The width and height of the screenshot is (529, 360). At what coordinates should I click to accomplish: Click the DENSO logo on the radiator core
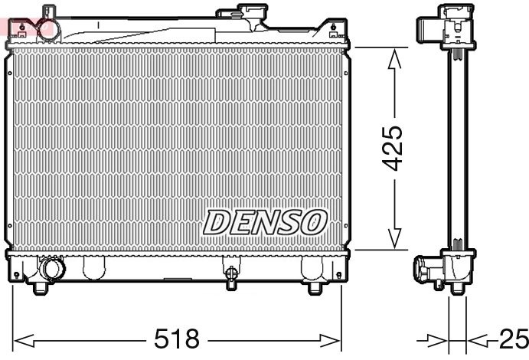[265, 222]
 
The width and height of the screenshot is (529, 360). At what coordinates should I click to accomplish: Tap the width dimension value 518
[177, 338]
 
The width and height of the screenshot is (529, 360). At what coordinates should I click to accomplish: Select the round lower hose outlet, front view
[53, 270]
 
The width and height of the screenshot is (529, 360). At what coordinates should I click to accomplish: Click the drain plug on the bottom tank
[229, 273]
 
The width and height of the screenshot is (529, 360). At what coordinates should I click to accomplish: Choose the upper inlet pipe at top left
[48, 14]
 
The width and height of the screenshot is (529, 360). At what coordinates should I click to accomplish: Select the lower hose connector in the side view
[427, 270]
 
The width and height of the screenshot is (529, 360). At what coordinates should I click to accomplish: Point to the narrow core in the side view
[458, 146]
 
